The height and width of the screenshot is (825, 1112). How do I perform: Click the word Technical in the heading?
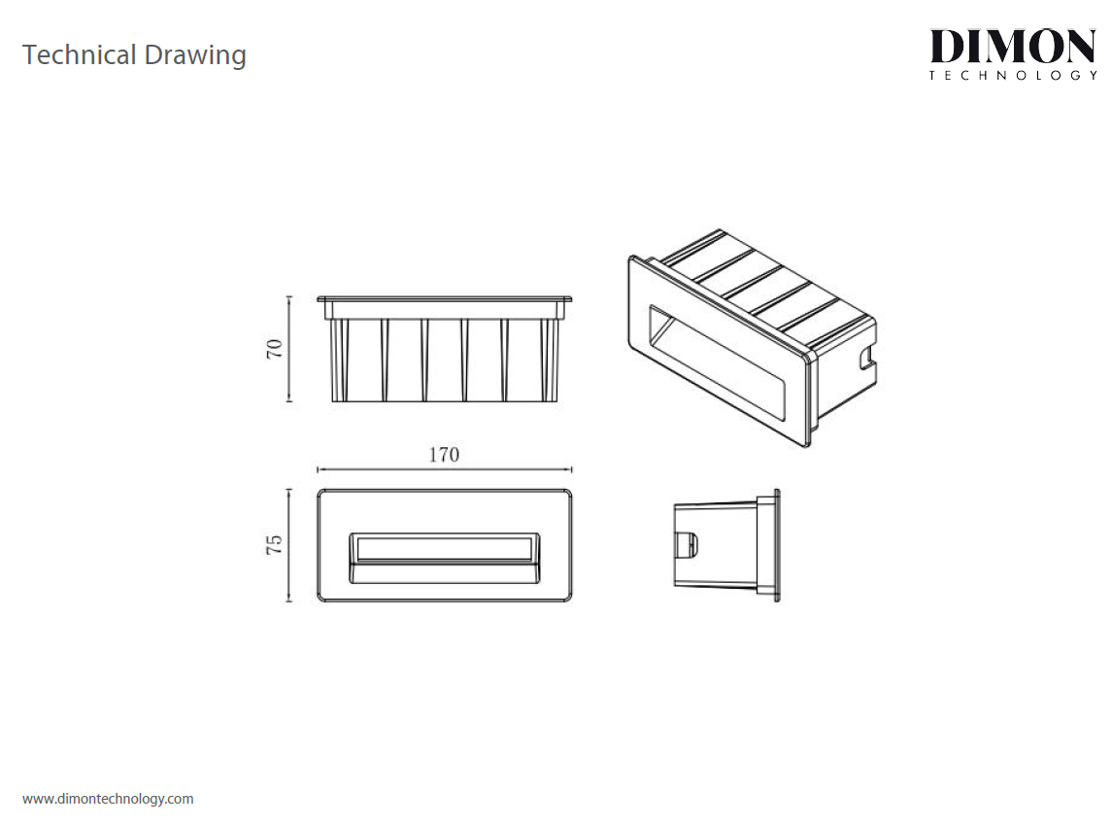[x=79, y=54]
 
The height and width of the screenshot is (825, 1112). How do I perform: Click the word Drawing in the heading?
[x=195, y=56]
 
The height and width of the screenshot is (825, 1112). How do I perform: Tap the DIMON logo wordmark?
[x=1013, y=46]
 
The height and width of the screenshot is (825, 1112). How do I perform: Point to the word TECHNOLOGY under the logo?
[x=1013, y=75]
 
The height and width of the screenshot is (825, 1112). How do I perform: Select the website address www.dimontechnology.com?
[x=108, y=799]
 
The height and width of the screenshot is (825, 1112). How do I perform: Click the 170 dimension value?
[x=444, y=455]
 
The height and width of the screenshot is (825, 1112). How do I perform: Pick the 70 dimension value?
[x=275, y=348]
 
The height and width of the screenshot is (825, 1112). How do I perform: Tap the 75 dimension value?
[x=275, y=545]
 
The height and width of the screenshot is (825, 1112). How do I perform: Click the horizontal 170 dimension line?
[x=444, y=469]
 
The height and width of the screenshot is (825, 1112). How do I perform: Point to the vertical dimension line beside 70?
[x=288, y=348]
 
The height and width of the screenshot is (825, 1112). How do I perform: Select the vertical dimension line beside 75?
[x=288, y=545]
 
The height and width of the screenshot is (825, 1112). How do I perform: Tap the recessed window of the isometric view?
[x=717, y=362]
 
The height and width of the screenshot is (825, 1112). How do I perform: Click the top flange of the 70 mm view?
[x=444, y=299]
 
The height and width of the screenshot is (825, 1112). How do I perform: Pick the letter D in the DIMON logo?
[x=947, y=46]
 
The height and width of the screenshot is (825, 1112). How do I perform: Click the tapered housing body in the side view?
[x=716, y=545]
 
